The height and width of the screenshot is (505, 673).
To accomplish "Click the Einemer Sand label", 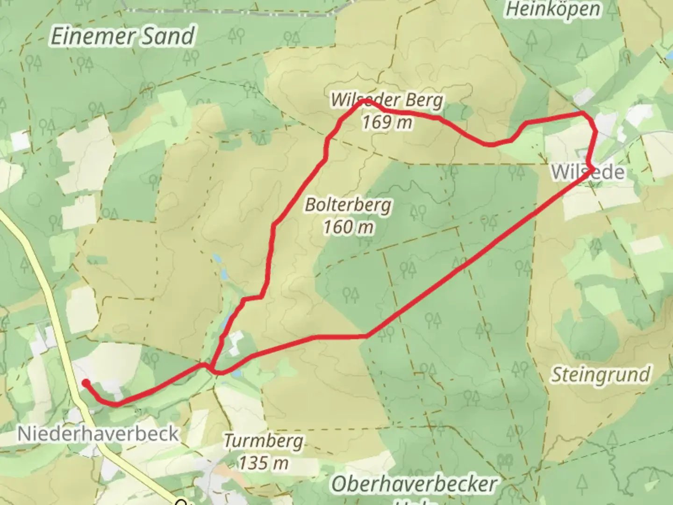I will tap(122, 36).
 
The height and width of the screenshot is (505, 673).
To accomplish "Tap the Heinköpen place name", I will tap(553, 9).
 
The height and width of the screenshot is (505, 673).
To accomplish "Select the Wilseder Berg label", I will tap(387, 100).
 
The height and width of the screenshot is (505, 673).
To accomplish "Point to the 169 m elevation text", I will tap(387, 123).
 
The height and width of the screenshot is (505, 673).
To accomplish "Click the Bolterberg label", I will tap(349, 205).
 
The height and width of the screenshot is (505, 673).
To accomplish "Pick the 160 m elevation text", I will tap(349, 227).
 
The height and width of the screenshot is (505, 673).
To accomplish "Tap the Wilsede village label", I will tap(588, 172).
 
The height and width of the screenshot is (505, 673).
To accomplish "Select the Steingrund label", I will tap(601, 375).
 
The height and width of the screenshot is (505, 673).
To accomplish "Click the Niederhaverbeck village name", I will tap(98, 433).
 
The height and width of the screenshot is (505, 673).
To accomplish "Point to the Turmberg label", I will tap(263, 441).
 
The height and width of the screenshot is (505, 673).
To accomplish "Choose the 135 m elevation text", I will tap(264, 463).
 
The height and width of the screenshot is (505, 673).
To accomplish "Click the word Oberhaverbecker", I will tap(414, 484).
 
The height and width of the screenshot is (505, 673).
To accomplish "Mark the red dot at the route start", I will tap(86, 383).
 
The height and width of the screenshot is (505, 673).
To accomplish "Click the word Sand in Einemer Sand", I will tap(167, 36).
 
